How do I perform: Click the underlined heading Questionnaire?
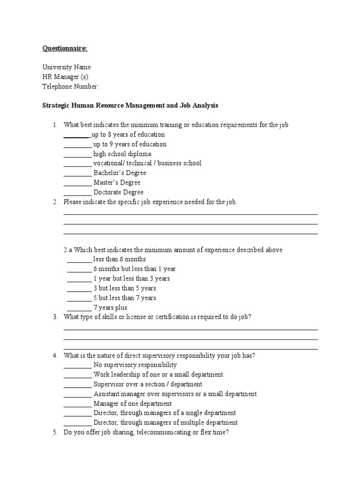pyautogui.click(x=65, y=48)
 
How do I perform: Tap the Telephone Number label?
pyautogui.click(x=70, y=87)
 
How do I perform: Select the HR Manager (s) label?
pyautogui.click(x=66, y=77)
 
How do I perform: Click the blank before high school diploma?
pyautogui.click(x=77, y=155)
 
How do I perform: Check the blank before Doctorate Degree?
pyautogui.click(x=77, y=193)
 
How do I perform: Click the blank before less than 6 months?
pyautogui.click(x=79, y=260)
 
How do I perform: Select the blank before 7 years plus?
pyautogui.click(x=79, y=308)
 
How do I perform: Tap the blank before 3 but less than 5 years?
pyautogui.click(x=79, y=289)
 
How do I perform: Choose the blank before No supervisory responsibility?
pyautogui.click(x=77, y=366)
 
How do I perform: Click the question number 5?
pyautogui.click(x=54, y=433)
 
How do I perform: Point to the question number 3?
pyautogui.click(x=54, y=317)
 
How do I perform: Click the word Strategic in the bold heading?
pyautogui.click(x=56, y=106)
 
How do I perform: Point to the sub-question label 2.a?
pyautogui.click(x=68, y=250)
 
